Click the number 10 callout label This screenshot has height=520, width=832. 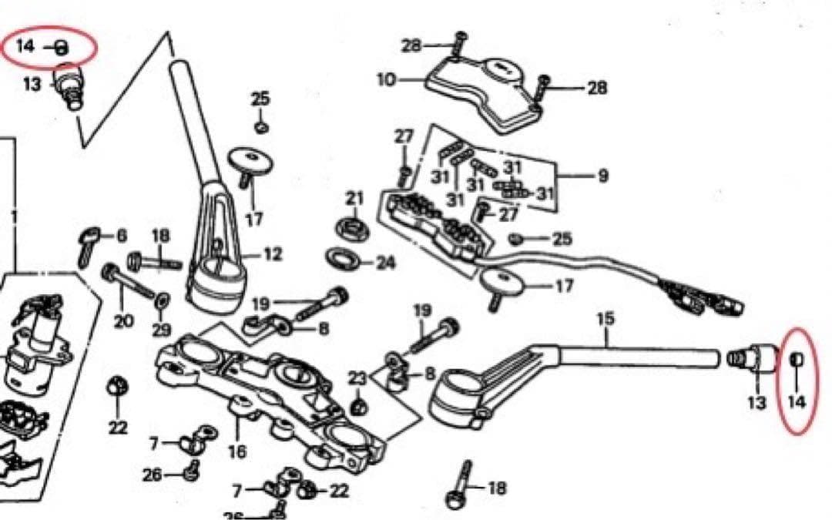pos(386,80)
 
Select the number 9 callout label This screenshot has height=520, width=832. pos(602,176)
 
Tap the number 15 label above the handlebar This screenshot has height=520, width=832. pos(606,319)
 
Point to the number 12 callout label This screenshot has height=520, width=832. pos(273,255)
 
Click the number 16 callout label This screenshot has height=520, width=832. pos(237,451)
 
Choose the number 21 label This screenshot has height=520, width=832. pos(354,199)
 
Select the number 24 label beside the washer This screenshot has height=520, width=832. pos(386,263)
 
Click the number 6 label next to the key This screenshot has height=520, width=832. pos(122,236)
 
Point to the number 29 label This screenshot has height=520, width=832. pos(162,330)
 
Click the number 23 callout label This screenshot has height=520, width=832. pos(357,378)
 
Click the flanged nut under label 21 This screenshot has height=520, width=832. pos(352,226)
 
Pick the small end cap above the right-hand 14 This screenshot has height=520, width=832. pos(797,359)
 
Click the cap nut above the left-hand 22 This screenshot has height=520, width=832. pos(116,387)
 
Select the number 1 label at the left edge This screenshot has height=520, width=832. pos(14,217)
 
